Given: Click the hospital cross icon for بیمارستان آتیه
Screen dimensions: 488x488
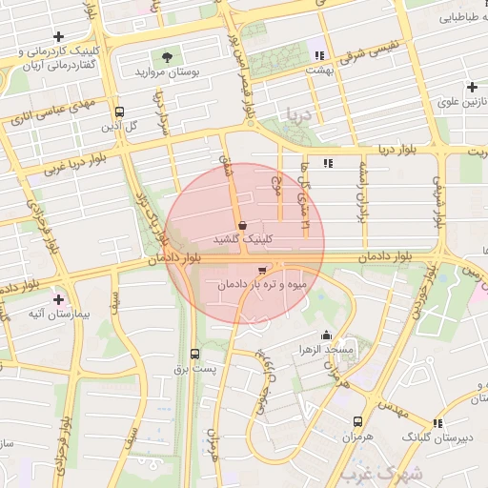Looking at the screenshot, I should click(60, 298).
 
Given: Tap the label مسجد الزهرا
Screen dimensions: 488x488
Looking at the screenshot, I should click(326, 351).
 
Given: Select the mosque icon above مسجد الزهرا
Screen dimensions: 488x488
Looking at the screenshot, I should click(327, 335).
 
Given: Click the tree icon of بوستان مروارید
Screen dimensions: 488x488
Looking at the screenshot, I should click(168, 57).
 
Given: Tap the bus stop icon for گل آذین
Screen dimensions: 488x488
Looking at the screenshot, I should click(118, 112).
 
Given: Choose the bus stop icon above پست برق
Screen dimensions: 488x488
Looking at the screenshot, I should click(194, 354).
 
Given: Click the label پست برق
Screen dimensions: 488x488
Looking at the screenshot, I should click(201, 368).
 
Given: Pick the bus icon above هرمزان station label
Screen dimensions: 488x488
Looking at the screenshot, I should click(357, 420).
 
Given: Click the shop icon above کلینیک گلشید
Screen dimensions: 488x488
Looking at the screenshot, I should click(242, 225).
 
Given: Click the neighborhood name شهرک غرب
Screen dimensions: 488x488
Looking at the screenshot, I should click(371, 473).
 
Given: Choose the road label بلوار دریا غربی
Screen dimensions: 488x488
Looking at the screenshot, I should click(72, 166).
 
